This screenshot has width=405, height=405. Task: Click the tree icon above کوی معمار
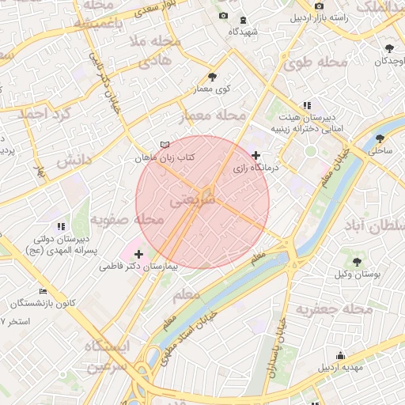212,77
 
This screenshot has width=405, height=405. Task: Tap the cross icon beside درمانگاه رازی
255,155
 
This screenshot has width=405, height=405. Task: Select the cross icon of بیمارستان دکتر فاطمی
139,254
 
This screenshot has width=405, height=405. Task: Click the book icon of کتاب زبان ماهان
165,145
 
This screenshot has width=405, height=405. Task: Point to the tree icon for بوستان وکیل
356,259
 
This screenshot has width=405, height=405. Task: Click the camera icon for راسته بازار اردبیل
319,6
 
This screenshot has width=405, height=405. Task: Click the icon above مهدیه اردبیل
340,355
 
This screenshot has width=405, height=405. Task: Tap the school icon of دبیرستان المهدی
61,226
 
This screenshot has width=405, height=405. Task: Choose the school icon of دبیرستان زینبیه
307,105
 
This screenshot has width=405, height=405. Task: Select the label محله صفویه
127,219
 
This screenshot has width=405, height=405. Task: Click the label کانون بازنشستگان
44,303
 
